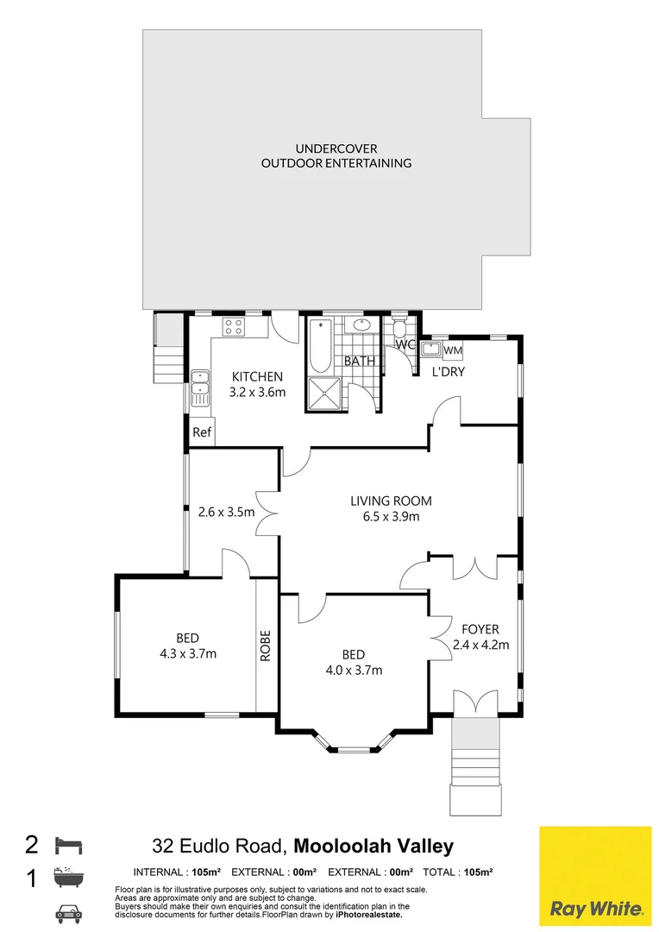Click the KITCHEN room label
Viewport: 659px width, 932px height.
(257, 376)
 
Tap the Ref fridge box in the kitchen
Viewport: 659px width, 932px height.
(202, 432)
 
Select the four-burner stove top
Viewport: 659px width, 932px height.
(233, 326)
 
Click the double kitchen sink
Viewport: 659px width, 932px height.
(200, 388)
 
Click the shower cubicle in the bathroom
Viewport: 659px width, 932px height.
(324, 394)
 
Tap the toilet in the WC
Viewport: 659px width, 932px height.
(399, 330)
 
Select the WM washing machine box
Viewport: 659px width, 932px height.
(453, 350)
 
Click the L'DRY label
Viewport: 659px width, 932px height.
(448, 372)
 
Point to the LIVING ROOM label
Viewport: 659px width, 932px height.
(391, 501)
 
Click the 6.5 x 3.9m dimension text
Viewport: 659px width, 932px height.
(391, 517)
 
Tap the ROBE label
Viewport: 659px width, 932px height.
(266, 645)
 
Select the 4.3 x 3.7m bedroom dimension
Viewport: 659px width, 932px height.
(188, 654)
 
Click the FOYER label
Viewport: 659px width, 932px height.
(480, 629)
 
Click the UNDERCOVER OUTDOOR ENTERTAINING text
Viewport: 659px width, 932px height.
(336, 155)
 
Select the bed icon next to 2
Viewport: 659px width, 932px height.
(68, 845)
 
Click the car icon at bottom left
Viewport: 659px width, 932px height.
(68, 913)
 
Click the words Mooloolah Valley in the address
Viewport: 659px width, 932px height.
(373, 845)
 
